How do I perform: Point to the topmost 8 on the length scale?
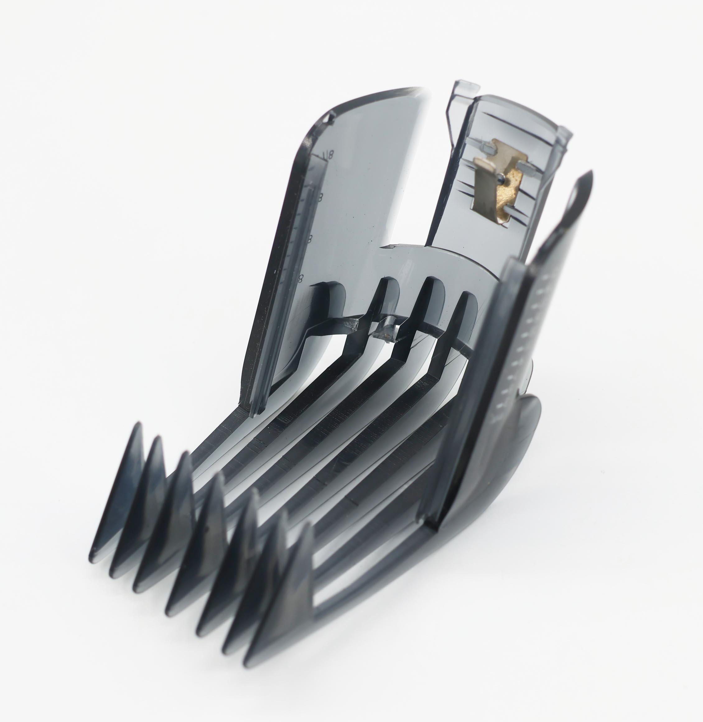[330, 155]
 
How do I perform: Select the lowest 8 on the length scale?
[301, 277]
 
